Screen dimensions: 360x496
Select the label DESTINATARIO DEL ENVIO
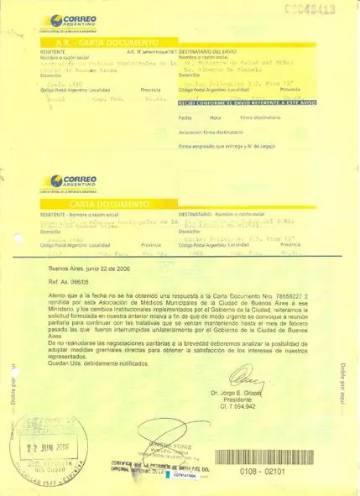(208, 50)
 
